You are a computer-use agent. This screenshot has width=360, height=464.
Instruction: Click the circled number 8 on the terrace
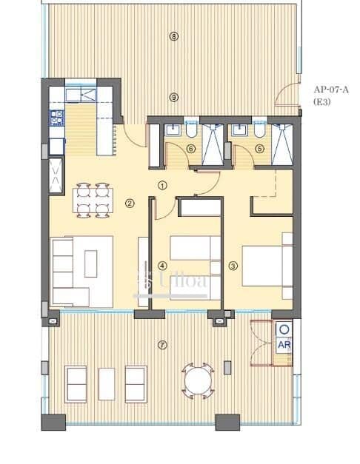click(174, 36)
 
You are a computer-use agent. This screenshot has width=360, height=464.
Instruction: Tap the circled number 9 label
click(174, 97)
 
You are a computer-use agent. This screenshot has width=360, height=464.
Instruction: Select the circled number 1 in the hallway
click(163, 186)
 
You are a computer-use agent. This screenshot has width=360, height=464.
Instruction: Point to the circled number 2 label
click(130, 204)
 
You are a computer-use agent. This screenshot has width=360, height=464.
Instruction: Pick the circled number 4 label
click(162, 266)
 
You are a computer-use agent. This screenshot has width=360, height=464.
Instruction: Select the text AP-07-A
click(330, 89)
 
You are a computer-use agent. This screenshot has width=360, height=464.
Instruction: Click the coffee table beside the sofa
click(91, 263)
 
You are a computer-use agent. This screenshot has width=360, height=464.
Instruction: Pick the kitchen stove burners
click(56, 117)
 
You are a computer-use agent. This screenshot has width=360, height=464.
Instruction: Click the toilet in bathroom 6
click(190, 131)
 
